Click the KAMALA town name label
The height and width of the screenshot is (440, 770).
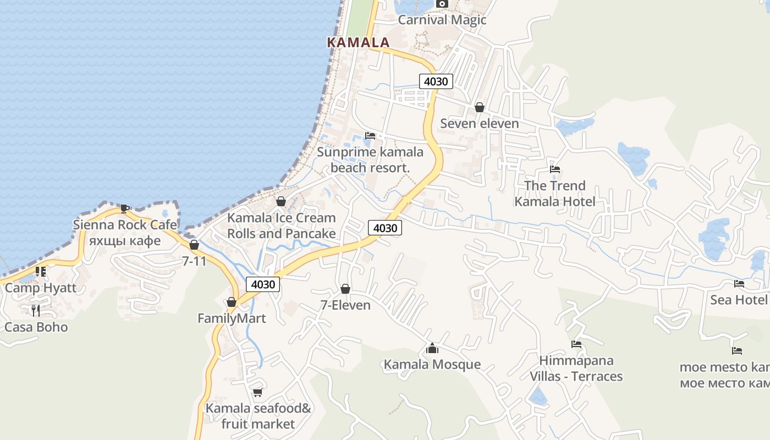coord(358,42)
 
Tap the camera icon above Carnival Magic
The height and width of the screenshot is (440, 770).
coord(442,4)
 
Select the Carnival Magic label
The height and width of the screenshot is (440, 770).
coord(442,20)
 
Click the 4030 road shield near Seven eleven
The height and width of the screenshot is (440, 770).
coord(436,81)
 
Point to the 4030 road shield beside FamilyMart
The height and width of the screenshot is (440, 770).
coord(262,284)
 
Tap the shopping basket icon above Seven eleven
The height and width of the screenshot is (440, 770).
coord(480,107)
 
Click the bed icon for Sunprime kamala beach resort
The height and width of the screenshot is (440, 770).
coord(370,136)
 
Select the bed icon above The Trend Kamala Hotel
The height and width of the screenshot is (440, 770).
coord(555,169)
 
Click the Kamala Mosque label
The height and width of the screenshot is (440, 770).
coord(432,365)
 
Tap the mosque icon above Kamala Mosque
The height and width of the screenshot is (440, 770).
coord(432,348)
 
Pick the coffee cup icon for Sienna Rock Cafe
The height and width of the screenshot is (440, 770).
coord(125,208)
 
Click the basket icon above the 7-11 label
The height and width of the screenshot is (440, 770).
coord(194,245)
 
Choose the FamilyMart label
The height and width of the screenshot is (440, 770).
coord(232,318)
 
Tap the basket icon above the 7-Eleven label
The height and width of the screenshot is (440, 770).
coord(345,289)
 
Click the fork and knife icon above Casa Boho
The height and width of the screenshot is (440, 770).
coord(36,311)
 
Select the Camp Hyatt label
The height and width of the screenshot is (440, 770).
coord(41,288)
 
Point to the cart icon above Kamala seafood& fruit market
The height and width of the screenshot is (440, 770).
coord(257,392)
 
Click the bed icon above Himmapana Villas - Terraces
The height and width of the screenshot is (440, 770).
coord(576,344)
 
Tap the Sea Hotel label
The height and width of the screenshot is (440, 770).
coord(738,300)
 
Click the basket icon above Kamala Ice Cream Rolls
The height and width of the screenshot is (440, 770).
coord(281,201)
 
